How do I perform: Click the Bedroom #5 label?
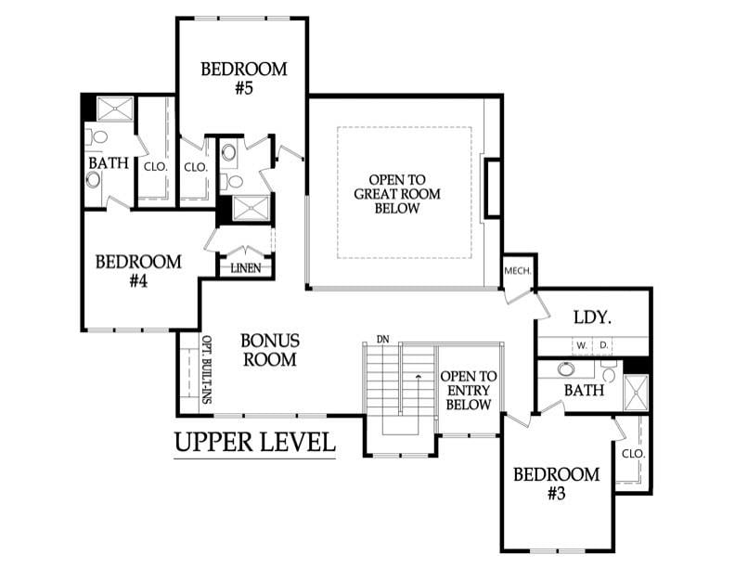point(244,78)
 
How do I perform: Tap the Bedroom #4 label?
point(138,270)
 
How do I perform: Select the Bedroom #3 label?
point(556,484)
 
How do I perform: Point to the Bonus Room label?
point(269,350)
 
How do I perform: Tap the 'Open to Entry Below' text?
point(468,391)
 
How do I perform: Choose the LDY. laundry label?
point(591,316)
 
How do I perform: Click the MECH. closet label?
point(517,271)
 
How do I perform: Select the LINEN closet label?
point(245,269)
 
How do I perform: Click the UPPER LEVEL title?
point(254,443)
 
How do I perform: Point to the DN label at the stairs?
point(381,339)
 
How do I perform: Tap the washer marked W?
point(581,345)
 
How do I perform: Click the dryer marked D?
point(605,345)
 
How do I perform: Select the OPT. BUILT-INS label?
point(207,369)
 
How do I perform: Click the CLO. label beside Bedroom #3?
point(633,454)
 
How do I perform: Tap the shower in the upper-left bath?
point(115,110)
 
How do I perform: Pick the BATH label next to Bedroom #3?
point(584,391)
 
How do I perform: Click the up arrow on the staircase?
point(418,376)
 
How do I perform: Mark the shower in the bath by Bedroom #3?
point(637,393)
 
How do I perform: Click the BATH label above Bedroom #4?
point(109,163)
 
